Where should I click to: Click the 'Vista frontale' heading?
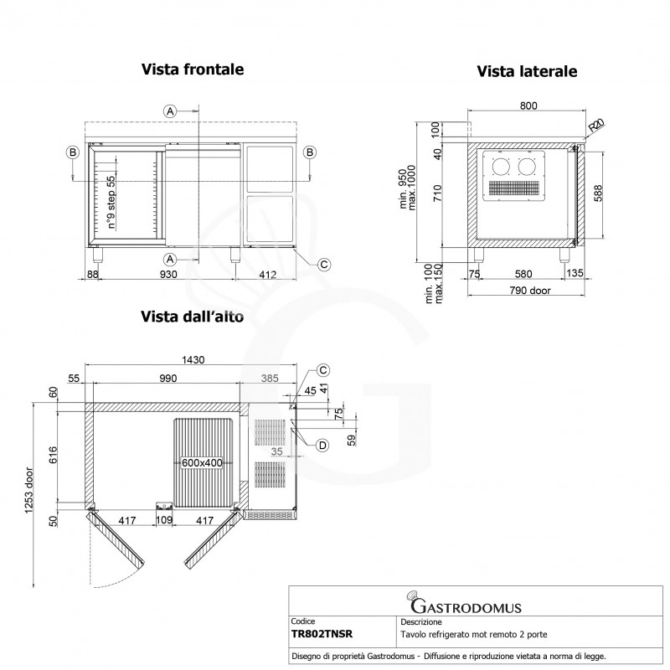pyautogui.click(x=193, y=70)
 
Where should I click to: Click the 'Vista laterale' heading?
pyautogui.click(x=527, y=72)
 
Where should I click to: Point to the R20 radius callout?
pyautogui.click(x=595, y=126)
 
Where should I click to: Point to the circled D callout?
pyautogui.click(x=322, y=444)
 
